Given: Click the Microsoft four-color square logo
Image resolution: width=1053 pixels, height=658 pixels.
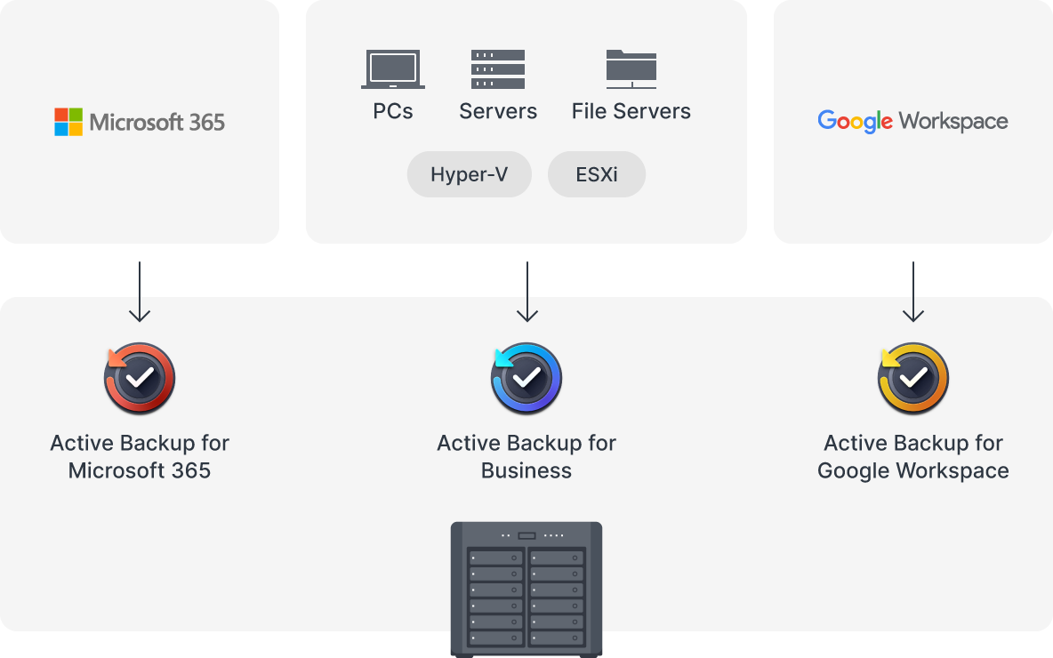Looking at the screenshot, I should coord(68,122).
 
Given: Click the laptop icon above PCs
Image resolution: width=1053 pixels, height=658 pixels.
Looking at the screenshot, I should coord(392,69).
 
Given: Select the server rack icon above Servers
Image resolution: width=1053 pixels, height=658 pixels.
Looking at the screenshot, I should coord(498,69).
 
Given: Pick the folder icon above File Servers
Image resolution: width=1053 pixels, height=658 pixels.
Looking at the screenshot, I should coord(631,69).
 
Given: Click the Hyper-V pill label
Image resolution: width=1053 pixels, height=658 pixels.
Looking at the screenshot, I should coord(469,174).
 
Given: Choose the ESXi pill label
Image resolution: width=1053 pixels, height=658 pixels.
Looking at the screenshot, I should coord(597,174).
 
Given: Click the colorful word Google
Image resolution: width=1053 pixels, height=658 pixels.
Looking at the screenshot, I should coord(855,122).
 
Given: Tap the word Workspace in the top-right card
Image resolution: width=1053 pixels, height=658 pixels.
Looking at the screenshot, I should coord(953,122).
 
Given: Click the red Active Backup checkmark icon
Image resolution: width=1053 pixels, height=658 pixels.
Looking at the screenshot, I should coord(140,379).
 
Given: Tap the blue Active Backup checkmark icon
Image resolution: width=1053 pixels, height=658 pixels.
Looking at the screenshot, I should coord(526,379).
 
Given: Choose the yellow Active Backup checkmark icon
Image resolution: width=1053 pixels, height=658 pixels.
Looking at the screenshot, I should coord(913,379).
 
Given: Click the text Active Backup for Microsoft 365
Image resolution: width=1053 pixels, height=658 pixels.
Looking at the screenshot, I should coord(140,456).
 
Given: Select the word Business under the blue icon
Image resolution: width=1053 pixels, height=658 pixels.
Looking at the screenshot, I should coord(526,470).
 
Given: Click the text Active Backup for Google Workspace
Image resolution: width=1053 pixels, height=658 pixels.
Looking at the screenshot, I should coord(913,456).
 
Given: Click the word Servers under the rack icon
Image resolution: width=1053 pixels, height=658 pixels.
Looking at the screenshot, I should coord(498,111).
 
